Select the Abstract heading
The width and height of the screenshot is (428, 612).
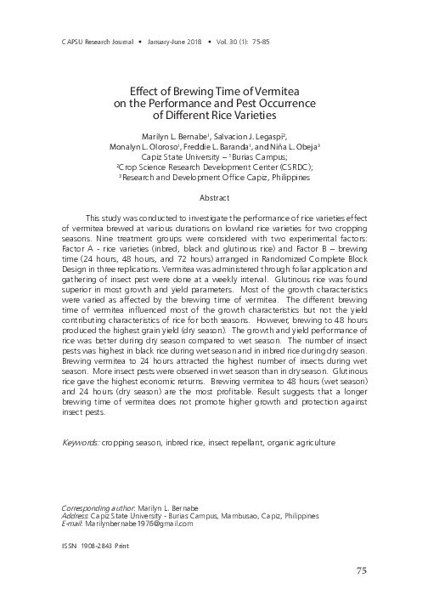coord(214,197)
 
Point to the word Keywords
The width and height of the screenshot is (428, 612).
coord(82,443)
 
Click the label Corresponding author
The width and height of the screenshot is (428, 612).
coord(97,506)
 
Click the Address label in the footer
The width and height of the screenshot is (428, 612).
coord(80,515)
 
